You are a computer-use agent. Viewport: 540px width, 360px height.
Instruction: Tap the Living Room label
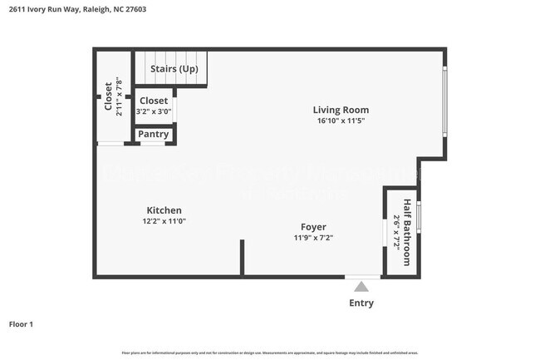coord(341,110)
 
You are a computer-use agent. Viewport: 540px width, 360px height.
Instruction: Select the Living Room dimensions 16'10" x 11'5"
coord(341,121)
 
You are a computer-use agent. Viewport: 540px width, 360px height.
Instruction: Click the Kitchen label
coord(164,210)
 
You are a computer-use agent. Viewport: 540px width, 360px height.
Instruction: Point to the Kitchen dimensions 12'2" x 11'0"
coord(164,221)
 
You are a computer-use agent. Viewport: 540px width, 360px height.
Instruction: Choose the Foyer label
coord(313,227)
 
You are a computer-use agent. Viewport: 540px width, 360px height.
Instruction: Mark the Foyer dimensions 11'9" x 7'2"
coord(313,238)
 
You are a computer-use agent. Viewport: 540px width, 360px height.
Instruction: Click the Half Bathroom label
coord(407,233)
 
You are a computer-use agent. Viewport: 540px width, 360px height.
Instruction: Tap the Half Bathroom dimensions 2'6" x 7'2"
coord(396,233)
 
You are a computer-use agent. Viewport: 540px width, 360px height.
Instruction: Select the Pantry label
coord(154,134)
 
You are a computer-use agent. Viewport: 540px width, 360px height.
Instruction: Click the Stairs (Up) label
coord(174,69)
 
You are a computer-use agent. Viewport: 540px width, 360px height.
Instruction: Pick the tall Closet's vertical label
coord(108,96)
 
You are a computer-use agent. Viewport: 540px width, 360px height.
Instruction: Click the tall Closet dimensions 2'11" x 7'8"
coord(119,96)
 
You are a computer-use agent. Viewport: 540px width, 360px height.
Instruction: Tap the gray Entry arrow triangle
coord(361,287)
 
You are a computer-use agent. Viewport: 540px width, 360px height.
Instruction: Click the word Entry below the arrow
coord(361,303)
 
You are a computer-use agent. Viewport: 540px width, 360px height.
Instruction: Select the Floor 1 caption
coord(21,324)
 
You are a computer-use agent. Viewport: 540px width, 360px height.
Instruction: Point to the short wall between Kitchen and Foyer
coord(242,257)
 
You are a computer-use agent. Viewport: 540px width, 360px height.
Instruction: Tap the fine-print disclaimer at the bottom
coord(269,353)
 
